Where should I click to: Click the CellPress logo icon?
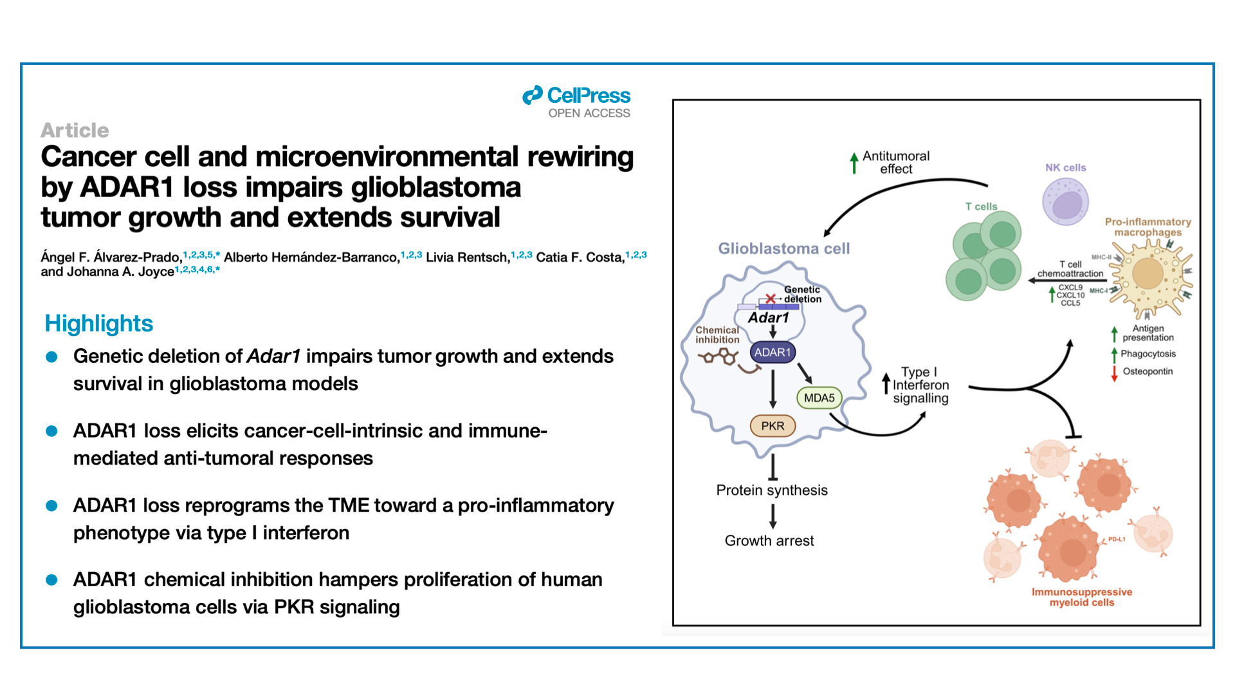tap(533, 95)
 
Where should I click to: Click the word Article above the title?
tap(75, 130)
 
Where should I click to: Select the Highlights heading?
tap(99, 323)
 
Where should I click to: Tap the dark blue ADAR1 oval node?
tap(773, 352)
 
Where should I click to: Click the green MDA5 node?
tap(819, 398)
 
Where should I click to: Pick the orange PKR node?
tap(773, 425)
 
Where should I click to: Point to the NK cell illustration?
tap(1065, 201)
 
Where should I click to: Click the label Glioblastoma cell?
tap(783, 248)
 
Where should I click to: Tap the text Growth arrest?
tap(769, 541)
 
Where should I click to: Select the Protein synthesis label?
tap(772, 490)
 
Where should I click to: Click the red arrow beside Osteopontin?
tap(1114, 373)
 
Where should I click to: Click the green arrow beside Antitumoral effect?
tap(854, 163)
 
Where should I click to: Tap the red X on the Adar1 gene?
tap(770, 299)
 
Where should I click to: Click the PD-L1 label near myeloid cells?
tap(1117, 539)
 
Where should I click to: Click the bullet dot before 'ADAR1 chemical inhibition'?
tap(52, 580)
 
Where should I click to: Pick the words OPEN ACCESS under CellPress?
tap(589, 113)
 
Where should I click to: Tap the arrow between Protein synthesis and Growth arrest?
tap(773, 516)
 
